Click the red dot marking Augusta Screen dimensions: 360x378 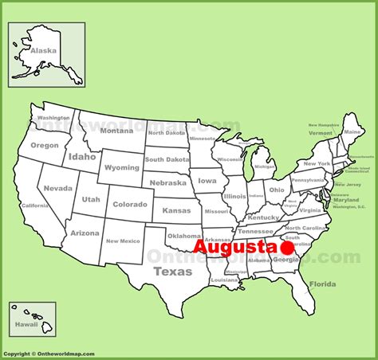288,249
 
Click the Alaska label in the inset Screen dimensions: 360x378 44,49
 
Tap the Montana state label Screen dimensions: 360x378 116,131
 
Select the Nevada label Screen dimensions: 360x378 57,188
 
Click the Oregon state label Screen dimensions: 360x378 45,145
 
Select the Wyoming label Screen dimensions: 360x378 121,168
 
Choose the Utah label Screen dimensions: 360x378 91,198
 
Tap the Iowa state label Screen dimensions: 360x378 207,181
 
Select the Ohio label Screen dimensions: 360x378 276,190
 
